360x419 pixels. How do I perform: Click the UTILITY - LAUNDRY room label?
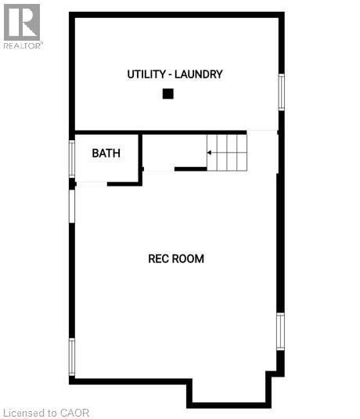pos(175,74)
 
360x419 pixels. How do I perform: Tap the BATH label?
pos(106,153)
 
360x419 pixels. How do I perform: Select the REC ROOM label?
pos(176,258)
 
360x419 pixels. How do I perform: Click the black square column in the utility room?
pos(167,94)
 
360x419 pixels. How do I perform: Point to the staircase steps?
pos(227,152)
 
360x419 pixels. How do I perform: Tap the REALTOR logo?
pos(22,25)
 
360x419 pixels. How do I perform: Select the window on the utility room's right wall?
pos(281,92)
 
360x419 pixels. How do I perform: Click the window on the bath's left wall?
pos(72,158)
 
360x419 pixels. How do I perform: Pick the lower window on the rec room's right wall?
pos(280,331)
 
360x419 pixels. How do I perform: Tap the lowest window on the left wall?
pos(72,357)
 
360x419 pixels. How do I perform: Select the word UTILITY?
pos(146,74)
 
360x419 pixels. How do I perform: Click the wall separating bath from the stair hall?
pos(141,158)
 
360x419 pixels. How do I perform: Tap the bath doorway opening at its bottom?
pos(91,183)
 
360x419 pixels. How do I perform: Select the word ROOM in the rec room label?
pos(189,258)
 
